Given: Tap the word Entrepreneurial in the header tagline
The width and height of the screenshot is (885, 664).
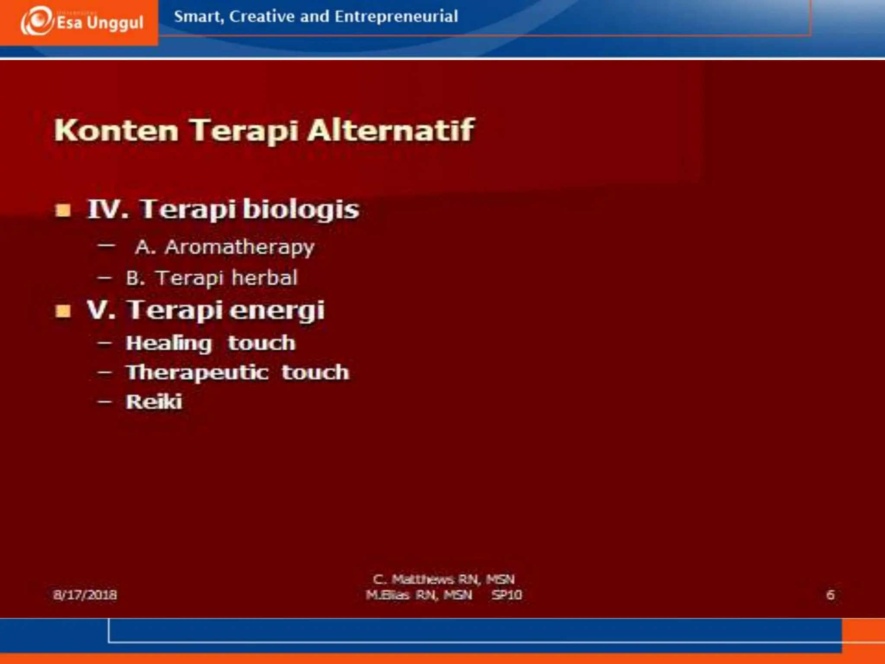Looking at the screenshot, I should click(396, 16).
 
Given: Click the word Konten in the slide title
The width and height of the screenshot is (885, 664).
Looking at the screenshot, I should click(116, 130).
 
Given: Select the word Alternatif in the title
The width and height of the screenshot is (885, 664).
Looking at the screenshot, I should click(391, 130).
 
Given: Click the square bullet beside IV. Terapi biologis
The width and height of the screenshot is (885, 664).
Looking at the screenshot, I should click(63, 211).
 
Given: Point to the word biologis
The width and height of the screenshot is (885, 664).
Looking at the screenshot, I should click(301, 210).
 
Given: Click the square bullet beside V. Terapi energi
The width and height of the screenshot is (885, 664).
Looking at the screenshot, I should click(63, 311).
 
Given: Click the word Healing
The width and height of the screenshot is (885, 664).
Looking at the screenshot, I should click(169, 343).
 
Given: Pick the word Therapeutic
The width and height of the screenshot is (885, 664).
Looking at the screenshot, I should click(197, 373).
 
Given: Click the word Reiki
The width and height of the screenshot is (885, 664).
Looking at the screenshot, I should click(154, 402).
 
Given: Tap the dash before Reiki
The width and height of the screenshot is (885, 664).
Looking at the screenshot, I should click(105, 402).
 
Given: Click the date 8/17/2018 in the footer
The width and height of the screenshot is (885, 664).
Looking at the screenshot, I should click(85, 595).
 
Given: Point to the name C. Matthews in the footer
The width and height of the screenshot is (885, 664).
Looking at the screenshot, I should click(413, 579).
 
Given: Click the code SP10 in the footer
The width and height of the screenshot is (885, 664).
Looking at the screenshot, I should click(506, 595).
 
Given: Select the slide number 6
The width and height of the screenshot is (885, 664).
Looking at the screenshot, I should click(830, 595).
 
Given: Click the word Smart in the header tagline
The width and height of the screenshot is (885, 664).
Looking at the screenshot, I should click(198, 16).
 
